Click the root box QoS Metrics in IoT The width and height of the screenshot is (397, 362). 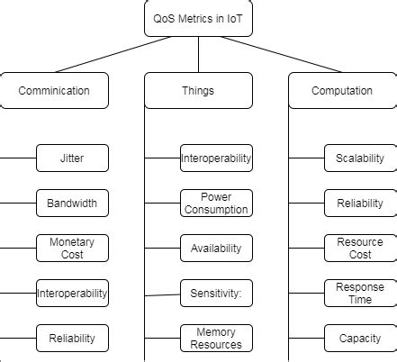198,18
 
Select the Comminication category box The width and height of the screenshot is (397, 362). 54,90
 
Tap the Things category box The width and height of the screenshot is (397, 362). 198,90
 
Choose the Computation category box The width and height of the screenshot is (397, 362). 342,90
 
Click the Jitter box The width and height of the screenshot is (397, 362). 72,158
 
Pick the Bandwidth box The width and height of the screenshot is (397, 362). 72,203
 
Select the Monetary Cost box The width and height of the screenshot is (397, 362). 72,248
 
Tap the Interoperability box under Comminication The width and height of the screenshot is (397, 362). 72,293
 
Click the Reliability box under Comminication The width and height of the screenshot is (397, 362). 72,338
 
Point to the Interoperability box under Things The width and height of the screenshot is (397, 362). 216,158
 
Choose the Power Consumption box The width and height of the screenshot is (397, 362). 216,203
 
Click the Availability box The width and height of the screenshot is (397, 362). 216,248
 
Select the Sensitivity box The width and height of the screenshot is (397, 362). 216,293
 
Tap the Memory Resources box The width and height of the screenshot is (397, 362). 216,338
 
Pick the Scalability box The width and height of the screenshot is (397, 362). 360,158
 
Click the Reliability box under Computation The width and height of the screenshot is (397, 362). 360,203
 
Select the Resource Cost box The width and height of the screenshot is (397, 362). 360,248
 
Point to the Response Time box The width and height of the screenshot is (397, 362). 360,293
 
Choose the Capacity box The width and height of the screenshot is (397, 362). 360,338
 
